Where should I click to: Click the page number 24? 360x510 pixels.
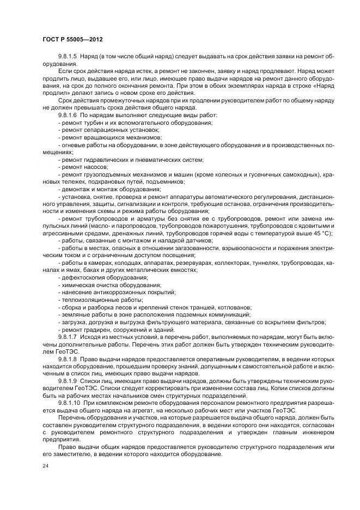point(45,466)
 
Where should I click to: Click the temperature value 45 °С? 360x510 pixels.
point(320,233)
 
